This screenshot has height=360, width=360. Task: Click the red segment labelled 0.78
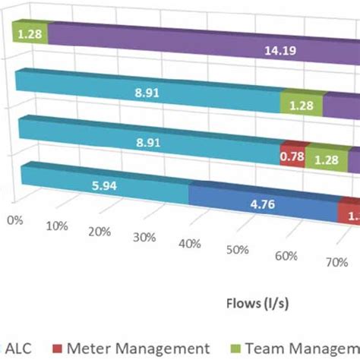tap(292, 154)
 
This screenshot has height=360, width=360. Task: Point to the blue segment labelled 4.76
tap(262, 204)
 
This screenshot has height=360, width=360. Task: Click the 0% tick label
tap(14, 219)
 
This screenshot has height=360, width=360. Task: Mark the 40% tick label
tap(191, 243)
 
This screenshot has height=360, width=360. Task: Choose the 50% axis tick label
tap(237, 250)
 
